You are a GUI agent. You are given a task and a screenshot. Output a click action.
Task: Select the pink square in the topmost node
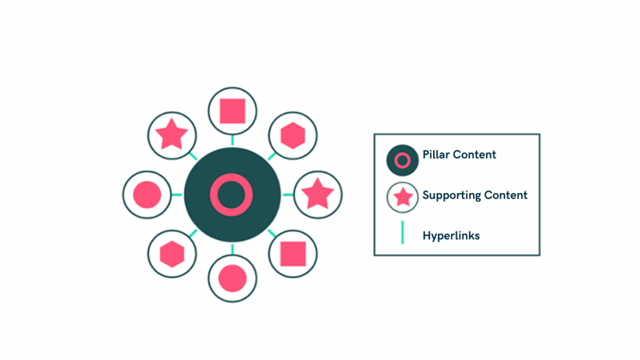[232, 111]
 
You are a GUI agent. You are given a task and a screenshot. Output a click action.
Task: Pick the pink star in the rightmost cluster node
[317, 194]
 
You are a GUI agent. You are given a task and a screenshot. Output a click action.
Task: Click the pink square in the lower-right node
[292, 254]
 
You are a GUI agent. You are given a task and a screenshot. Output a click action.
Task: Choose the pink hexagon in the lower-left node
[171, 254]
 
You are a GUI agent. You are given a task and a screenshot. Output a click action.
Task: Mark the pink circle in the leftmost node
[147, 194]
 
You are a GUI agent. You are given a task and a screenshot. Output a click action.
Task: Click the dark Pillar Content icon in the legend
[402, 161]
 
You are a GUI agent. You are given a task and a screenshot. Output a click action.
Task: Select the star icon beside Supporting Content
[402, 197]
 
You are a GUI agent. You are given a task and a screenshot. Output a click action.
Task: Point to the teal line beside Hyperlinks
[402, 232]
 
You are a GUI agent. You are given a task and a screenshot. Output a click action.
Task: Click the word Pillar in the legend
[435, 154]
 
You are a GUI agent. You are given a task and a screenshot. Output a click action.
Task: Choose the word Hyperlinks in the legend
[451, 236]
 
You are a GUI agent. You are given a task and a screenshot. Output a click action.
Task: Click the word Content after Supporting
[506, 195]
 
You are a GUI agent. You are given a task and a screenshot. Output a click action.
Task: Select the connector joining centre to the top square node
[232, 141]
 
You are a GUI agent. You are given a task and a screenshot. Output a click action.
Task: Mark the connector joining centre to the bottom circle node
[232, 249]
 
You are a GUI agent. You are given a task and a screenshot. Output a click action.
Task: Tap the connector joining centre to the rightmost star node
[287, 194]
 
